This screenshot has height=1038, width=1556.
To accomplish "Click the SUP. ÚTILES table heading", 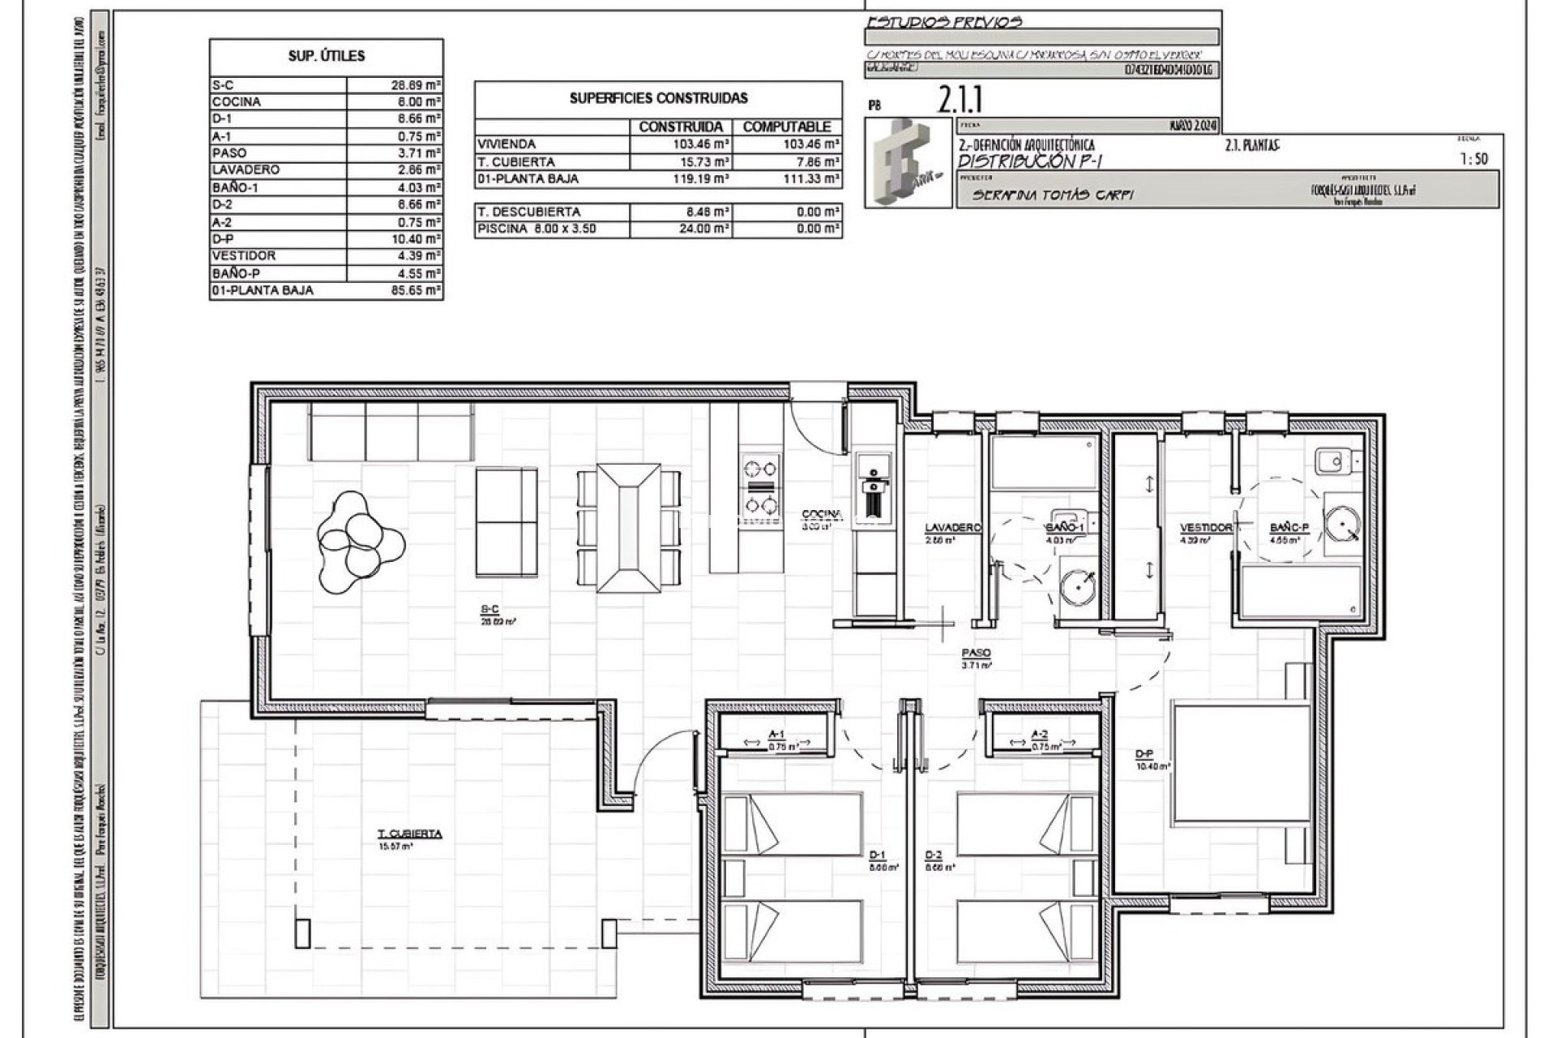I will coord(327,57).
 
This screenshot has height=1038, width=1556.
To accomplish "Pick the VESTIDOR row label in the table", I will coord(243,256).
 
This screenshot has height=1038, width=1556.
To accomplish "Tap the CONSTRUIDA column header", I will coord(681,127).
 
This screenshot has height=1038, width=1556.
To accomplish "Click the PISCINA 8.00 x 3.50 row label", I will coord(536,229).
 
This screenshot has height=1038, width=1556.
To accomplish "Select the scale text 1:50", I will coord(1473,160).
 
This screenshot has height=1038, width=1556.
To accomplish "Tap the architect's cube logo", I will coord(908,162).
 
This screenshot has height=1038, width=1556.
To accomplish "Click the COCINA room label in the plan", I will coord(822,514).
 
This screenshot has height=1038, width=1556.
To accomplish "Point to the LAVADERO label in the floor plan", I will coord(953,528).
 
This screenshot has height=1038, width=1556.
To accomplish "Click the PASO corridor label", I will coord(976,653).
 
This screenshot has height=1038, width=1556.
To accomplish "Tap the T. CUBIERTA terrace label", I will coord(409,834).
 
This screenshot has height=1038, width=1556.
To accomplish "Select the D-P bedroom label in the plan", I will coord(1143,754).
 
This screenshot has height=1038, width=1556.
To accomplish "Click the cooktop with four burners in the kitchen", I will coord(761,486).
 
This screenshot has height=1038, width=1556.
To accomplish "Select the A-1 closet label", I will coord(776,734).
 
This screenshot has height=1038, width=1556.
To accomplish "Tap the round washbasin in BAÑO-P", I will coord(1344,525).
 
